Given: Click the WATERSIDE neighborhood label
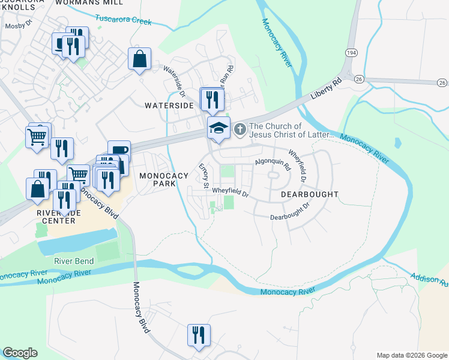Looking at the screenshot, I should click(x=169, y=105).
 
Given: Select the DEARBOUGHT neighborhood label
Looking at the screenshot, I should click(x=309, y=195).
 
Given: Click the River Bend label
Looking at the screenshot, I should click(x=74, y=261).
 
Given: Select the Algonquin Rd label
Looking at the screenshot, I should click(x=273, y=163).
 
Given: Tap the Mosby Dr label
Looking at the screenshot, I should click(x=17, y=27).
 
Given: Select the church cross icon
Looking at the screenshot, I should click(x=240, y=129).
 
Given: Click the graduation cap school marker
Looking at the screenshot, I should click(x=218, y=128).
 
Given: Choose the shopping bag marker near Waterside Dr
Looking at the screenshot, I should click(x=139, y=59).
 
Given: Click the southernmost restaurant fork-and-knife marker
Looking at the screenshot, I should click(x=198, y=335).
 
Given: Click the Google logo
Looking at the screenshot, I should click(x=20, y=353).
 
